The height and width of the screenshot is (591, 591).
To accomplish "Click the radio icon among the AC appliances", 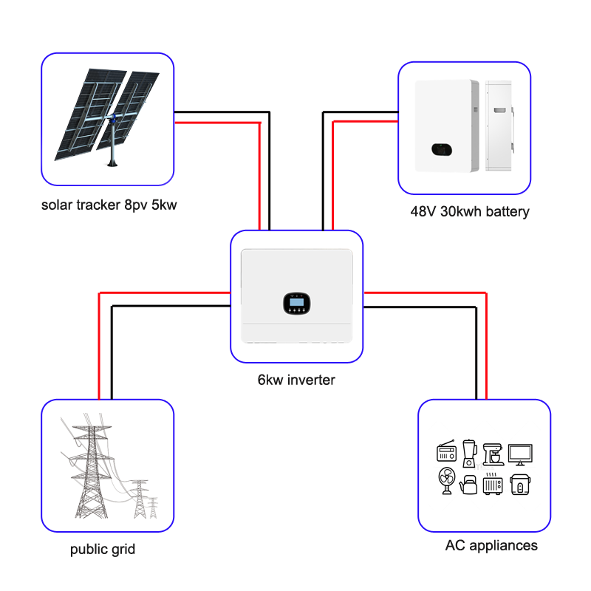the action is click(x=446, y=451).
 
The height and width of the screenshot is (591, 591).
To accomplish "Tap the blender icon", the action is click(x=469, y=453).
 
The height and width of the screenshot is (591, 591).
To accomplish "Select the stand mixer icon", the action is click(x=493, y=454).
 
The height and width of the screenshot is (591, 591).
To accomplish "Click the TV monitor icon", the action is click(x=520, y=454).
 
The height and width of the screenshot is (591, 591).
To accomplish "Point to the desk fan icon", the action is click(x=447, y=481).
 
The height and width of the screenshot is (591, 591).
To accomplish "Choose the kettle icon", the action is click(x=468, y=485).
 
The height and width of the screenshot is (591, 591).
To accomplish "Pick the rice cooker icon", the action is click(x=520, y=485).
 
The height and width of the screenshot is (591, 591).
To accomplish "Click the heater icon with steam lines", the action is click(x=493, y=484).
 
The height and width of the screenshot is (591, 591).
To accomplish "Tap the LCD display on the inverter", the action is click(x=297, y=302).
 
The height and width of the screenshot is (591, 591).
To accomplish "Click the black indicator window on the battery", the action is click(x=441, y=150).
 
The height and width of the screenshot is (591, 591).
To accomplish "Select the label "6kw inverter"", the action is click(x=296, y=380).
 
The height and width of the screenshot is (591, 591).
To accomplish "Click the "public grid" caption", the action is click(x=103, y=550).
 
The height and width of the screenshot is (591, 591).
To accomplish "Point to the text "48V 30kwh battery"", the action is click(x=470, y=212).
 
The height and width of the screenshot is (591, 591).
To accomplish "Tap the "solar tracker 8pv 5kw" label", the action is click(x=109, y=205).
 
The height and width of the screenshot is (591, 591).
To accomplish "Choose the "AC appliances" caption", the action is click(x=491, y=545).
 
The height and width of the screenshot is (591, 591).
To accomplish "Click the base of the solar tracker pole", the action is click(x=112, y=163).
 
